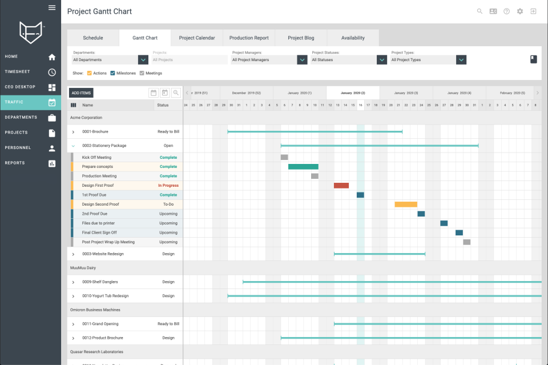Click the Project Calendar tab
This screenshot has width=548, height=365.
197,38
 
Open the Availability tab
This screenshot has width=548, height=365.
353,38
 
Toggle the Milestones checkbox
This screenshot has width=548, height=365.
113,73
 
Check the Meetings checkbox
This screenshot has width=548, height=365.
142,73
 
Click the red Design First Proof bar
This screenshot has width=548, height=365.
341,185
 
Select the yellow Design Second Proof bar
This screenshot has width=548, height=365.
406,204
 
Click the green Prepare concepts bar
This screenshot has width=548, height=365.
303,166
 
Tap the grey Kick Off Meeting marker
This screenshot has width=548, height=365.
284,157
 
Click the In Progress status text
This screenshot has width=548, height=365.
168,185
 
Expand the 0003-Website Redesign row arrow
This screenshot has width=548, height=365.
73,254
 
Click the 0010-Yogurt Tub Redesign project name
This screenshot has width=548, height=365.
105,296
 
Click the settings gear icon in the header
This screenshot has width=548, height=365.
519,11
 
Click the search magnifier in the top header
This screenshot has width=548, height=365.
479,11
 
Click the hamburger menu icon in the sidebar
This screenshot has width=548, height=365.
52,7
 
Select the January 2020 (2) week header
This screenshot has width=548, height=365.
353,93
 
